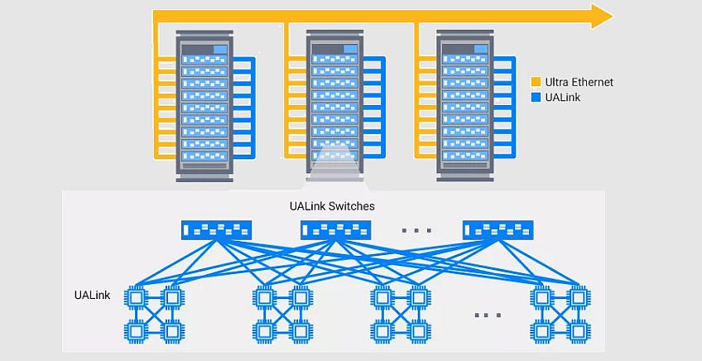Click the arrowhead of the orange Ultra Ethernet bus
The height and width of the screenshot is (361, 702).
pyautogui.click(x=602, y=15)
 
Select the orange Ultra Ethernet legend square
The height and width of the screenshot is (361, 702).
pyautogui.click(x=536, y=82)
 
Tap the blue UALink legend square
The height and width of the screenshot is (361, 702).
pyautogui.click(x=536, y=97)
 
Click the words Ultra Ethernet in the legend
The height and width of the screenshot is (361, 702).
pyautogui.click(x=579, y=82)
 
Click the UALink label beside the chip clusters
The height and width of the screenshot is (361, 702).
pyautogui.click(x=92, y=296)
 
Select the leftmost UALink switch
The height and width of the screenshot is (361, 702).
pyautogui.click(x=214, y=229)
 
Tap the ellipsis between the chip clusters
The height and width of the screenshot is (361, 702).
pyautogui.click(x=488, y=315)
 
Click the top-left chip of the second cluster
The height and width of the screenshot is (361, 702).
pyautogui.click(x=263, y=296)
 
